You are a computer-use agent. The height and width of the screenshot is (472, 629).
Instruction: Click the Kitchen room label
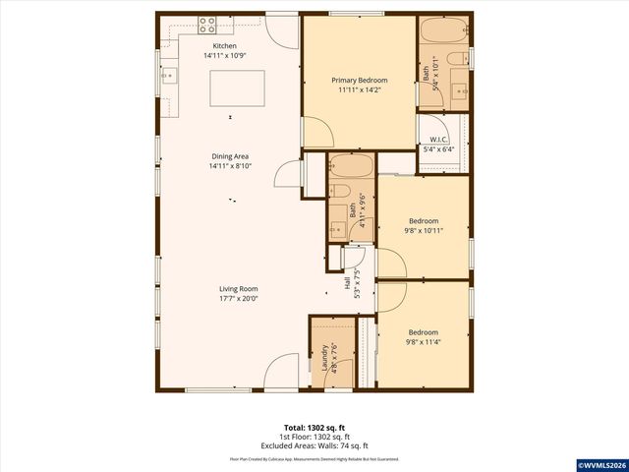click(x=225, y=46)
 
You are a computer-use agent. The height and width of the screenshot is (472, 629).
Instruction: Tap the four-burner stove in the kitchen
click(x=207, y=24)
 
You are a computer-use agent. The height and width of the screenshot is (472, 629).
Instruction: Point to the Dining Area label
click(x=230, y=156)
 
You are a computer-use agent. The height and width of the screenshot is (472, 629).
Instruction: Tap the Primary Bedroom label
click(x=359, y=80)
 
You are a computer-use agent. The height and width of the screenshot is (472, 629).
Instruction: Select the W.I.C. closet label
click(x=438, y=141)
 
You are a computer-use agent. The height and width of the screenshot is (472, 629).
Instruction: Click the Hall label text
click(x=348, y=283)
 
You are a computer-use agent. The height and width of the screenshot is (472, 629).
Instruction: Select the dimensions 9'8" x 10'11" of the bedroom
click(x=424, y=231)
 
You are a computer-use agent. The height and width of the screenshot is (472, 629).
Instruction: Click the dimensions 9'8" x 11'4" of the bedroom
click(x=424, y=342)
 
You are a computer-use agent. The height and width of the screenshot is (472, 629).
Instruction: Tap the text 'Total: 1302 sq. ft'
click(x=314, y=428)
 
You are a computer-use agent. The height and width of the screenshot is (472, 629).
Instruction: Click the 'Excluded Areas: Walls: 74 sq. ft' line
click(x=314, y=447)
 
